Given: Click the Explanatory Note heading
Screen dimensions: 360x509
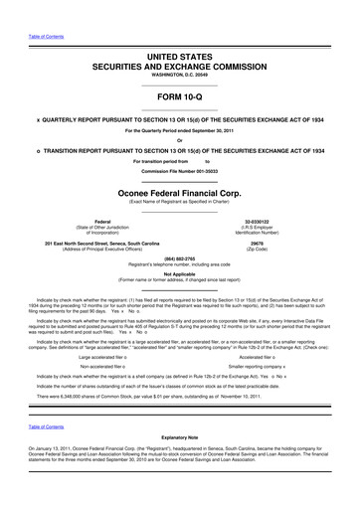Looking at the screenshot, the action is click(179, 464).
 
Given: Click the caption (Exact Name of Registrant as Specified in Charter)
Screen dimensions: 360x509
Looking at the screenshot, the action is click(179, 204).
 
